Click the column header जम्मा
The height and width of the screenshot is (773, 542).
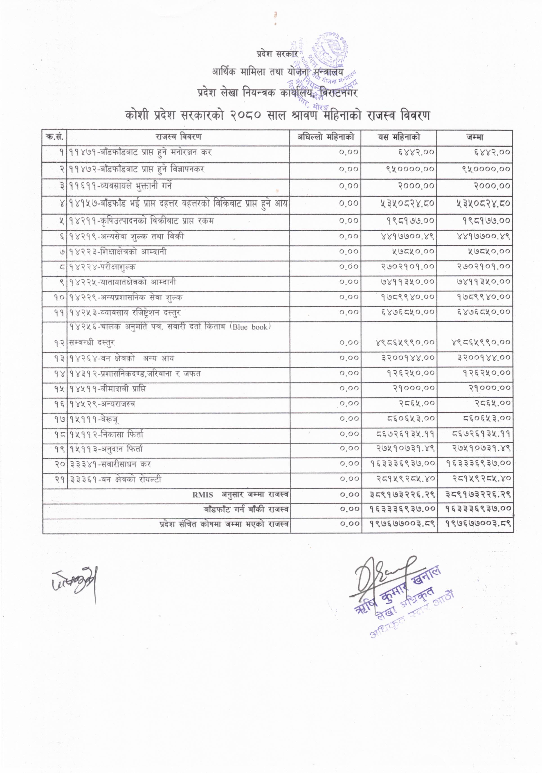475,137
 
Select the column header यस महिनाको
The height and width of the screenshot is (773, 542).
399,137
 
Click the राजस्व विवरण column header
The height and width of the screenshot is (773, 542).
179,137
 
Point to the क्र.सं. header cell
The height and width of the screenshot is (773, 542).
55,137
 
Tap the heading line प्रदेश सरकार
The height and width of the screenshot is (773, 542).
276,54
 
